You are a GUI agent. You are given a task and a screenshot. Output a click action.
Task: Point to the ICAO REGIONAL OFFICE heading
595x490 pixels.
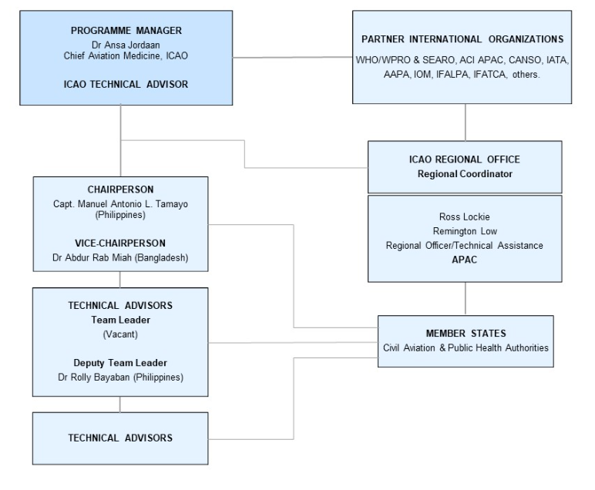(465, 159)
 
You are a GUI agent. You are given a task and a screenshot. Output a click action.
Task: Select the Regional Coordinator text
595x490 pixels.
(465, 173)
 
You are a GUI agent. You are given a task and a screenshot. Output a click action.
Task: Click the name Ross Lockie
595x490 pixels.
(465, 217)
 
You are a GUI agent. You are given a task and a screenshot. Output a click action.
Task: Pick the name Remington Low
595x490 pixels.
(465, 231)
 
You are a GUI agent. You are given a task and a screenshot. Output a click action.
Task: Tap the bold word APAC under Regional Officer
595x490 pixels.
(465, 260)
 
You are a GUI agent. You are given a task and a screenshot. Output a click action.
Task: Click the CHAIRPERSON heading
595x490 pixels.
(121, 189)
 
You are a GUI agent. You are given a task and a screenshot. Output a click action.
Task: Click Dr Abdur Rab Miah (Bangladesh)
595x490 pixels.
(121, 257)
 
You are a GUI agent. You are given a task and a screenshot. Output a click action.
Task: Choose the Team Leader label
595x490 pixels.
(121, 319)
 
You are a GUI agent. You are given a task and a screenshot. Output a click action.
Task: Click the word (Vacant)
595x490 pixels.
(121, 334)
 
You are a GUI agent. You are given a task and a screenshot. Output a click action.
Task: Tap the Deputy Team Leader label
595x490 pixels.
(121, 363)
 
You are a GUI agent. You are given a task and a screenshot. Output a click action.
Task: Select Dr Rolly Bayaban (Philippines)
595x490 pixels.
(121, 378)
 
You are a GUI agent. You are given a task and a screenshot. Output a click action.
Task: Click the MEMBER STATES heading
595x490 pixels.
(465, 333)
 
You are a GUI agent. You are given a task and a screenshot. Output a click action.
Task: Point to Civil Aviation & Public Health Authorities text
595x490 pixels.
(465, 347)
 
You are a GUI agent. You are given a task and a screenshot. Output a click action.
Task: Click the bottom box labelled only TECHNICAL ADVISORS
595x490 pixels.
(121, 438)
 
